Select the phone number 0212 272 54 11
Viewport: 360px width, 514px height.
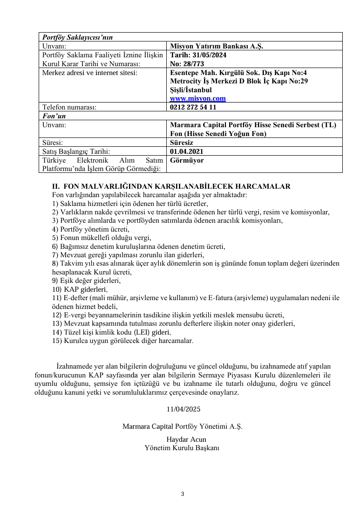tap(193, 107)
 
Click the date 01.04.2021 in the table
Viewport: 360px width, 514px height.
tap(187, 151)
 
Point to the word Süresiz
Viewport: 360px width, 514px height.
tap(182, 143)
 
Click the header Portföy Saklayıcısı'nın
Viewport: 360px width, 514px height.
tap(77, 37)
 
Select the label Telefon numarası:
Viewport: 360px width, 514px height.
tap(69, 107)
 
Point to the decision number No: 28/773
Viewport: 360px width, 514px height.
tap(187, 64)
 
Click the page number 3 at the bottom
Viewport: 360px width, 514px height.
tap(183, 494)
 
